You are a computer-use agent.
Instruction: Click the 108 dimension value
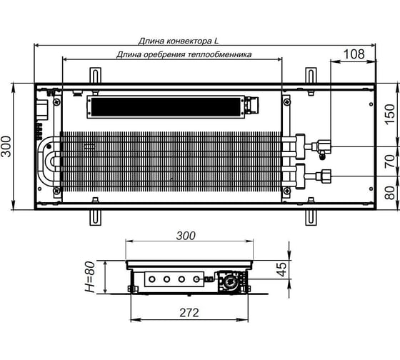(354, 54)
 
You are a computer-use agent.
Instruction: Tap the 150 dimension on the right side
(389, 114)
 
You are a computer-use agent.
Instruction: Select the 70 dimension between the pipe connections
(389, 161)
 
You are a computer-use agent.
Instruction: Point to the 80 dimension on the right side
(389, 193)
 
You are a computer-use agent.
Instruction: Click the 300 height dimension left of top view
(6, 146)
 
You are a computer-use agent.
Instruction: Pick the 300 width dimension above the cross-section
(186, 236)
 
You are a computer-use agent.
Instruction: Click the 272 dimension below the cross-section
(189, 313)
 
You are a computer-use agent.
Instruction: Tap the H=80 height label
(90, 276)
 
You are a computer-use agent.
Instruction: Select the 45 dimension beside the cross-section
(282, 269)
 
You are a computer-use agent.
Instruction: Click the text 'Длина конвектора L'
(179, 41)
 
